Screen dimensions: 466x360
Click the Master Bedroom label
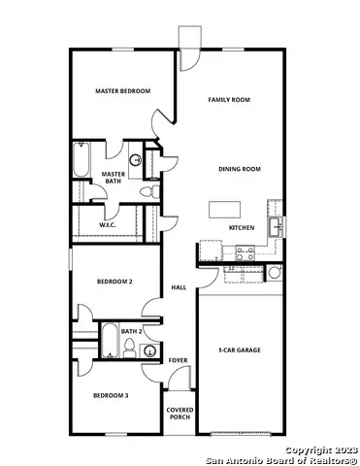tap(122, 90)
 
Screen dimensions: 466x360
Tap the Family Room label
tap(230, 100)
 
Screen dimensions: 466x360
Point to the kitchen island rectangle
tap(224, 208)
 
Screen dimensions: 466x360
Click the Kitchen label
tap(242, 227)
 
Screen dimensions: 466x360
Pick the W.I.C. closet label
tap(108, 224)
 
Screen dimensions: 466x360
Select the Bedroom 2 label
tap(114, 282)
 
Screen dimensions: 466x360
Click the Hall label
tap(179, 287)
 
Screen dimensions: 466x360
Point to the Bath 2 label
tap(133, 332)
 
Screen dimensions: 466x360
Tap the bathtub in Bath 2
tap(109, 342)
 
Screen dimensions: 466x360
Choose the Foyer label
tap(178, 360)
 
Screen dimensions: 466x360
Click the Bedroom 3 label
tap(111, 395)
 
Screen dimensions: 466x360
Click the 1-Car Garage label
tap(240, 349)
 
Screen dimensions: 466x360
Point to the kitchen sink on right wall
tap(277, 226)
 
